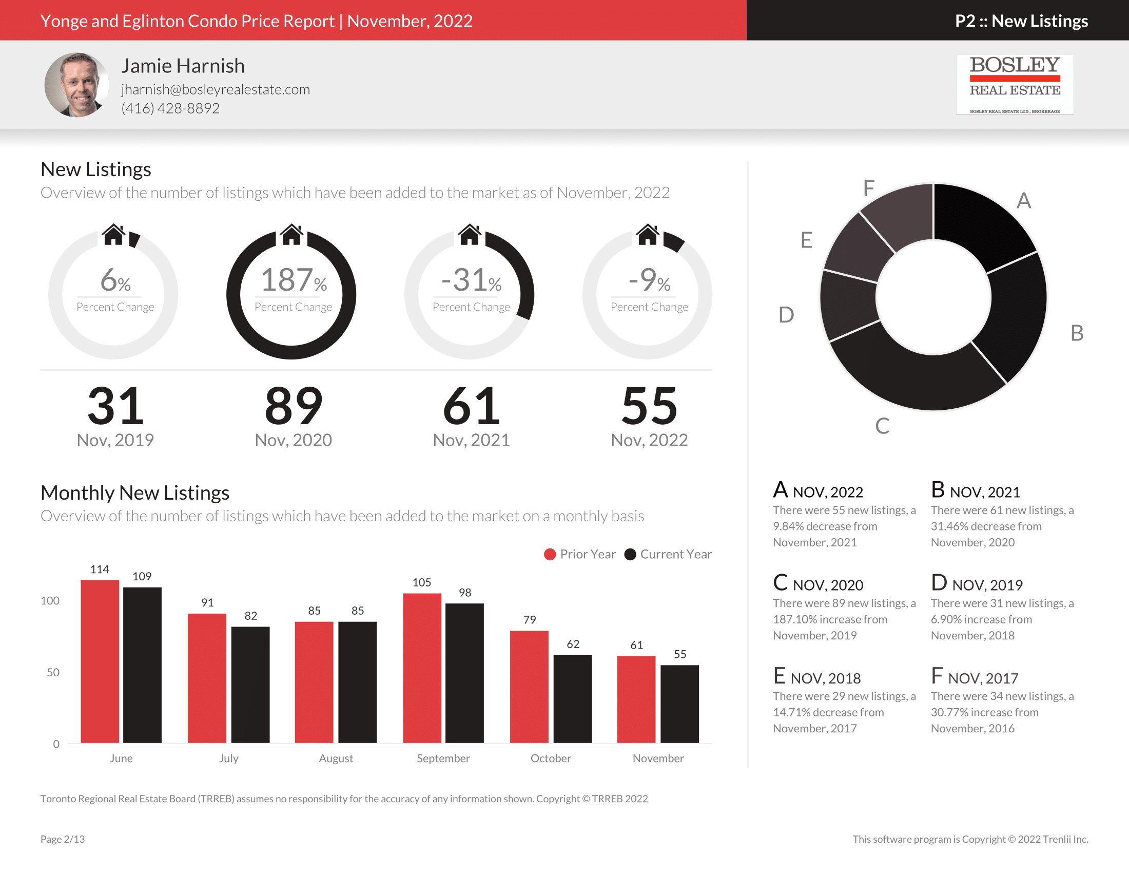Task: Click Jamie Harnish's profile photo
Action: [76, 84]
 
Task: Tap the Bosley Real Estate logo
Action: [1014, 84]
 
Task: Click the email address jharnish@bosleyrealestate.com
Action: [215, 89]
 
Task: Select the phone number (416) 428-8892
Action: [170, 108]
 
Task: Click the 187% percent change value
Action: [293, 280]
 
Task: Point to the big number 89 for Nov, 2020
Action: [293, 406]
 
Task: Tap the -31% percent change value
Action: [471, 280]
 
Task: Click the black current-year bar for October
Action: [572, 698]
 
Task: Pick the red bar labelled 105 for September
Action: [422, 667]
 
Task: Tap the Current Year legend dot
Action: [630, 555]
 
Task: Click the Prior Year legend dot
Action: [550, 555]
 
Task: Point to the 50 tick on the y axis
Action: [53, 672]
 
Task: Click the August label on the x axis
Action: [336, 758]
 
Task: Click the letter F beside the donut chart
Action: [868, 188]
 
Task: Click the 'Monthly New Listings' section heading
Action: [135, 493]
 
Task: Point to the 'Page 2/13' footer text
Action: [63, 839]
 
